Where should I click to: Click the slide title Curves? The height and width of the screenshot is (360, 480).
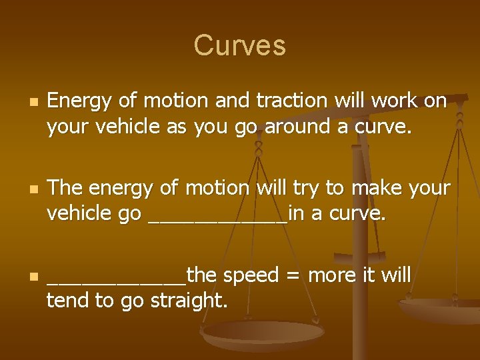[x=239, y=45]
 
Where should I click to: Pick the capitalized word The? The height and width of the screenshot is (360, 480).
[x=65, y=188]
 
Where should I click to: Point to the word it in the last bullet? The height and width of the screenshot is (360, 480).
[x=371, y=275]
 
